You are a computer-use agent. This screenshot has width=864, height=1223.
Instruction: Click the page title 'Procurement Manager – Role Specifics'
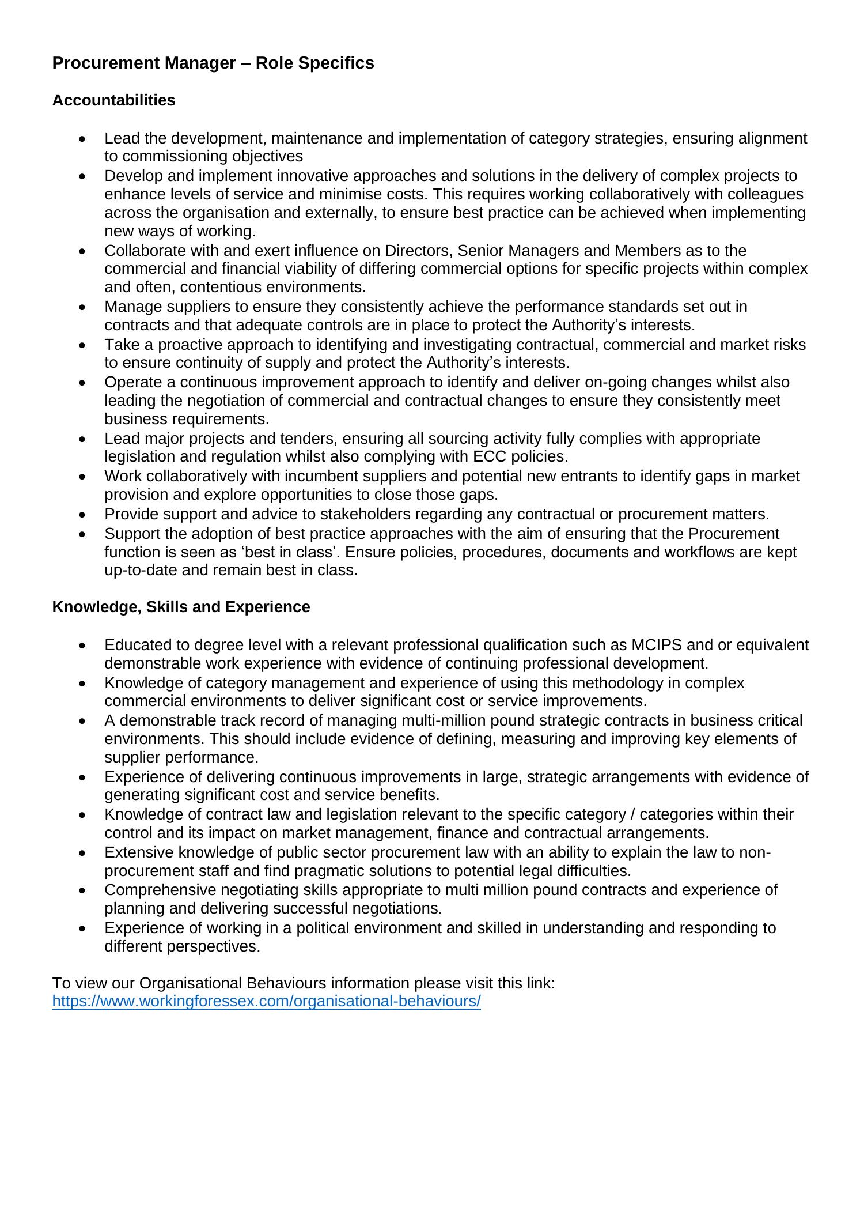click(x=213, y=63)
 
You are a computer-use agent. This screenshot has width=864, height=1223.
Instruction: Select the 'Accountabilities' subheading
click(x=113, y=100)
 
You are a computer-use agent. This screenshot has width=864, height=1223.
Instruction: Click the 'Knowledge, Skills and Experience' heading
click(x=181, y=607)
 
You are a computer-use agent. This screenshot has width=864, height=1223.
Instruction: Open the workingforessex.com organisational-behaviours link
click(x=266, y=1001)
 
